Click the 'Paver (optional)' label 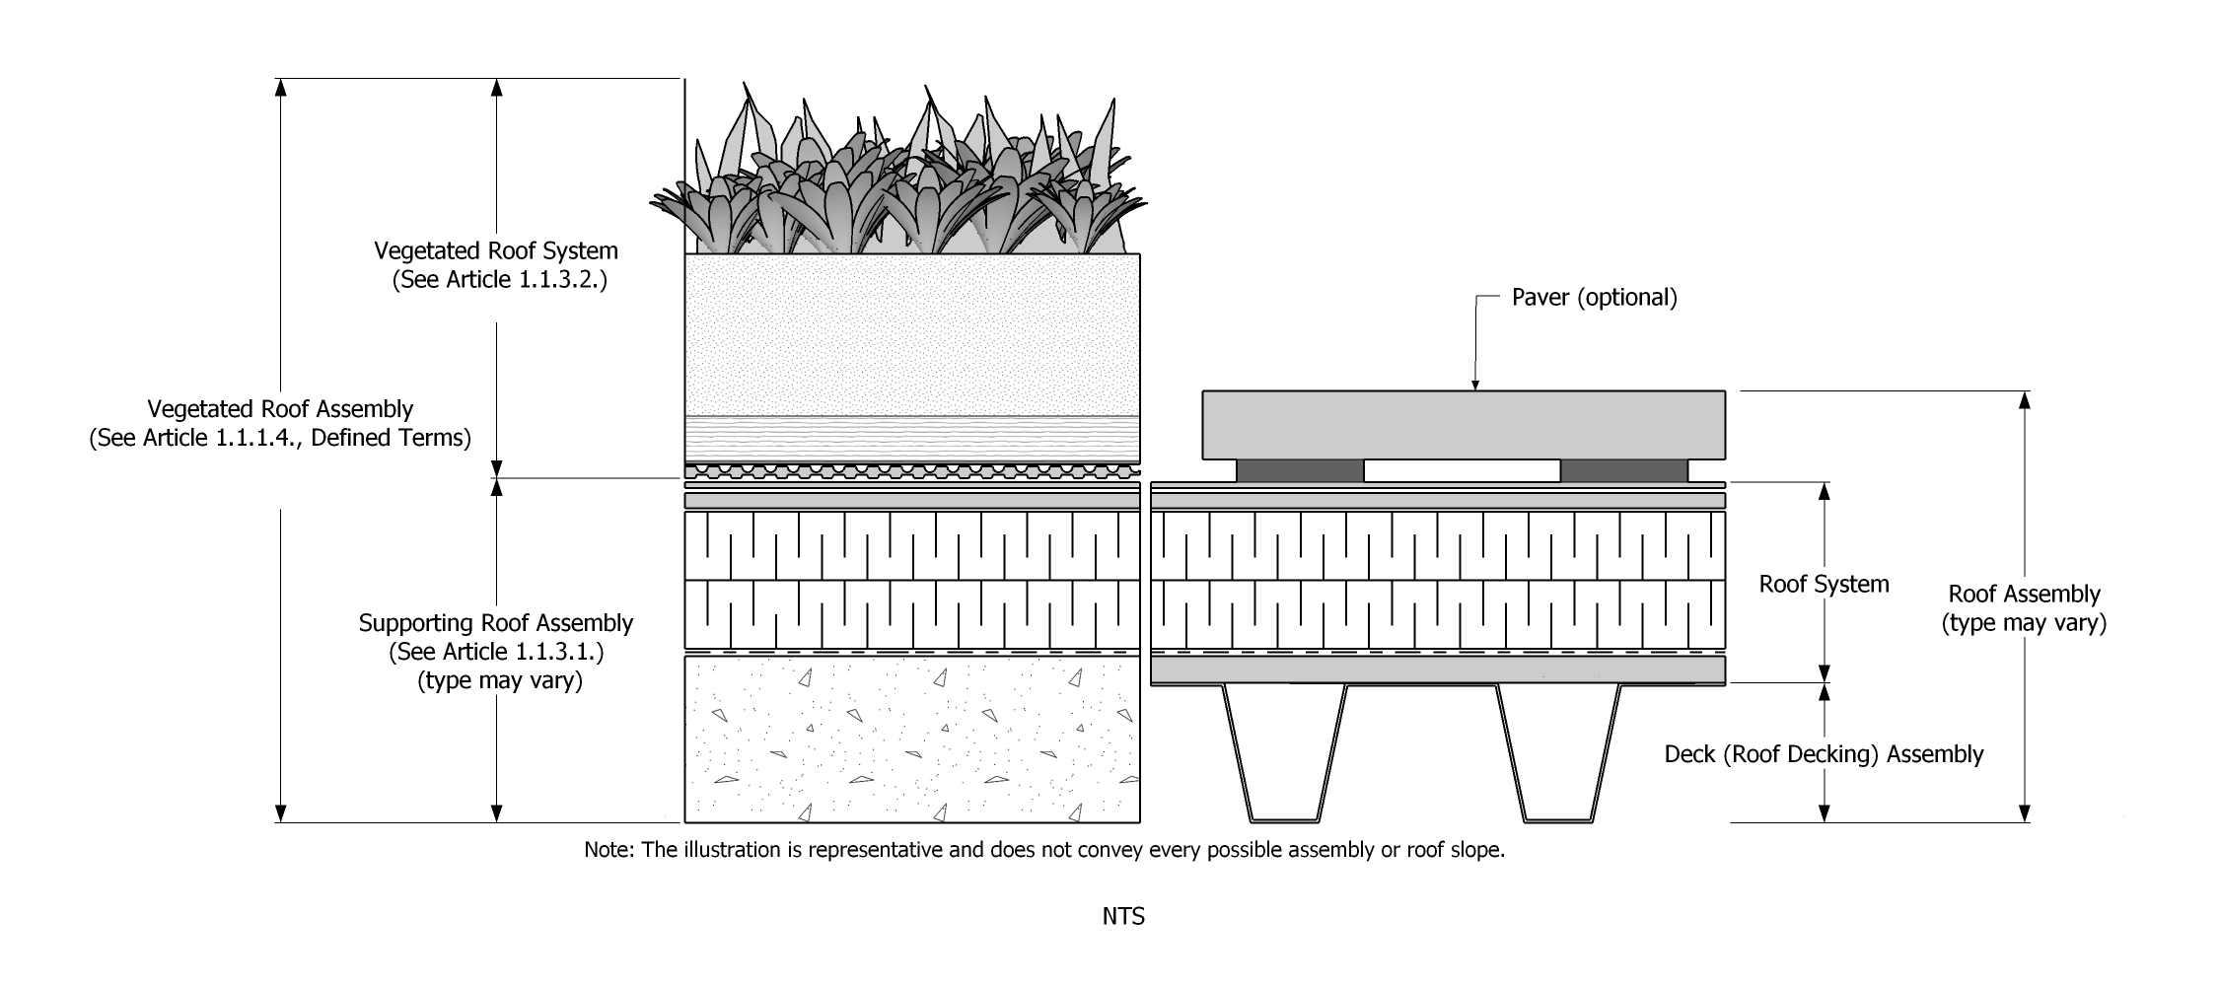point(1594,298)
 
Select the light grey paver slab point(1464,425)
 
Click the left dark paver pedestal point(1300,471)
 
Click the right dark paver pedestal point(1623,471)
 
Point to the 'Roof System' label point(1824,585)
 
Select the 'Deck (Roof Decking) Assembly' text point(1824,755)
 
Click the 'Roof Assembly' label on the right point(2024,595)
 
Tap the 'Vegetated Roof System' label point(496,250)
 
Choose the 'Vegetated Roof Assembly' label point(280,409)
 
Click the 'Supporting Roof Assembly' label point(495,623)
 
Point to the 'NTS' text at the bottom point(1123,917)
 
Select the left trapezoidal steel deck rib point(1284,754)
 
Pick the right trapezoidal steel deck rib point(1558,754)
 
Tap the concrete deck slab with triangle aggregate point(912,739)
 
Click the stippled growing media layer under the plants point(912,335)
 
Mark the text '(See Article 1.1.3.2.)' point(499,280)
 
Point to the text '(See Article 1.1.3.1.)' point(496,652)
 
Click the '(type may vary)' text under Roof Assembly point(2024,623)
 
